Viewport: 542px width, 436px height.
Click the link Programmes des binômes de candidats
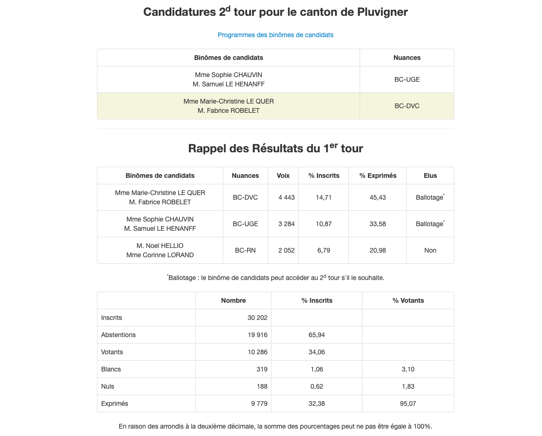tap(275, 35)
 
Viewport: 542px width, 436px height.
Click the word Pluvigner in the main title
tap(381, 12)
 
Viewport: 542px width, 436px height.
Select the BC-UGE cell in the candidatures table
tap(407, 79)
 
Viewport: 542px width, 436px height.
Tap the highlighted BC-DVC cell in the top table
tap(407, 106)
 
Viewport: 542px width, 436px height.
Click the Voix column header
tap(283, 176)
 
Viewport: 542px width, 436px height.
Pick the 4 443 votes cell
tap(286, 197)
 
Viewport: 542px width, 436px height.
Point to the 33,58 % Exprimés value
tap(378, 224)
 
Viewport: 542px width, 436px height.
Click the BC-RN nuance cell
tap(245, 250)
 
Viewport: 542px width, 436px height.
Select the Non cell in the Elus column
tap(430, 250)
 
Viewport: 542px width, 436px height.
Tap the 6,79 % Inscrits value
tap(323, 250)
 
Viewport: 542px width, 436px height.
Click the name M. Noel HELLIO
tap(160, 246)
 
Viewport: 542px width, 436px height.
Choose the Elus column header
tap(430, 176)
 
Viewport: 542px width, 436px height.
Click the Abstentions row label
tap(118, 335)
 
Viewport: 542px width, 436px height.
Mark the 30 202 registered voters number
tap(258, 318)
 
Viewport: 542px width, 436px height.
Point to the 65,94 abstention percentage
tap(316, 335)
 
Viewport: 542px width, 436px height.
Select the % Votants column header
tap(408, 300)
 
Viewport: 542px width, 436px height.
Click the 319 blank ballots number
tap(262, 369)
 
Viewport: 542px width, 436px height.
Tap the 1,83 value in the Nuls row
tap(408, 386)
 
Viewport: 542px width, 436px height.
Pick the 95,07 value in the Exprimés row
tap(408, 403)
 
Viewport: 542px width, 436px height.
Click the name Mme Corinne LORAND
tap(160, 255)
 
